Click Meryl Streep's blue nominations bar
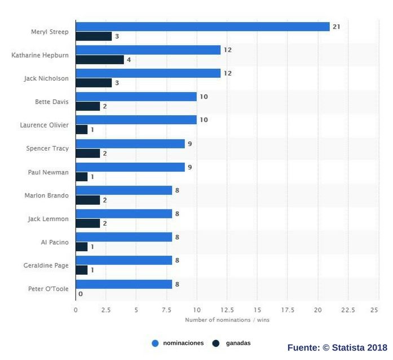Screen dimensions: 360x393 click(202, 27)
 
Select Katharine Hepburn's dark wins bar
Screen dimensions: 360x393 click(100, 60)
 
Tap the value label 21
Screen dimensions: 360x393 click(336, 27)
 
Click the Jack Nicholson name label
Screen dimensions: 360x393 click(46, 78)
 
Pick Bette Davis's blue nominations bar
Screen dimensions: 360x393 click(136, 97)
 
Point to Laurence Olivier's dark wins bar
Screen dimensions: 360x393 click(82, 130)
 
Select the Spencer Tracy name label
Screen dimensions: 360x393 click(47, 148)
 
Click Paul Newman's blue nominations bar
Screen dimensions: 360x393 click(130, 167)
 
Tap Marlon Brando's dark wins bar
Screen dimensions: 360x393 click(88, 200)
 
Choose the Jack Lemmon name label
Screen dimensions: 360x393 click(48, 218)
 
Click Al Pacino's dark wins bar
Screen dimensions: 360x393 click(82, 247)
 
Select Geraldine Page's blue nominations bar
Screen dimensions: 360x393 click(124, 261)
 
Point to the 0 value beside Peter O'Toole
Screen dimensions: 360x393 click(81, 294)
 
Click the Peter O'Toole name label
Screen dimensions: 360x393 click(48, 289)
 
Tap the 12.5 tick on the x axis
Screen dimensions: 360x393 click(227, 310)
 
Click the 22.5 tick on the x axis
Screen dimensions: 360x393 click(348, 310)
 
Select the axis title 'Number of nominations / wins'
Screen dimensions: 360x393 click(227, 320)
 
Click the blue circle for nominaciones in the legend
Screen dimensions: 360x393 click(155, 343)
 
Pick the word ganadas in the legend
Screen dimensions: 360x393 click(238, 343)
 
